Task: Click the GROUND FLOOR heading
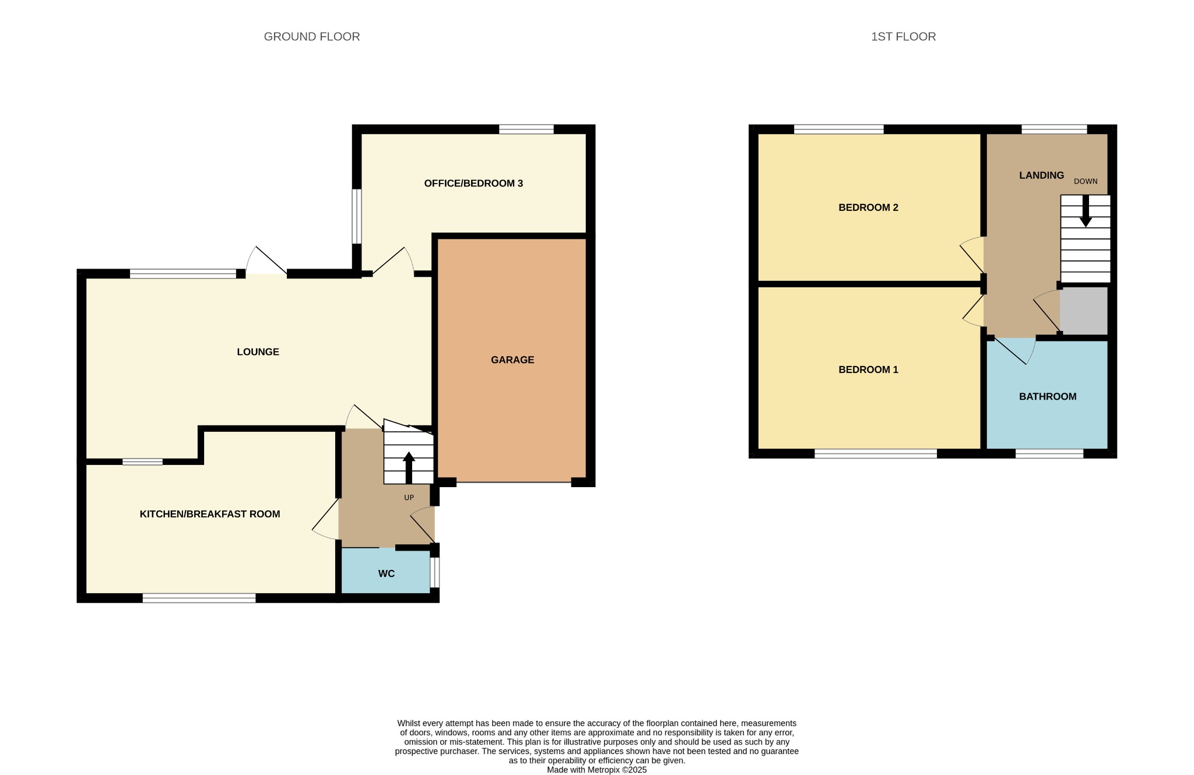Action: [312, 37]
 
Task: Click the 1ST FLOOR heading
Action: [903, 37]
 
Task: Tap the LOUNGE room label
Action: [258, 352]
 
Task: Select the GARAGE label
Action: [512, 360]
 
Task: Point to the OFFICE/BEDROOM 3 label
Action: [473, 184]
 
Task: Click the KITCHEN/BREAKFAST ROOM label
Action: [210, 514]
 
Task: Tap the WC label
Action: [387, 574]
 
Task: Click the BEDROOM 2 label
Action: [868, 207]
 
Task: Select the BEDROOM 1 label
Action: [868, 369]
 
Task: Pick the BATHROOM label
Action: [1048, 397]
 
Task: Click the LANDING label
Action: [1041, 175]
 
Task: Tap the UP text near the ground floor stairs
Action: [409, 498]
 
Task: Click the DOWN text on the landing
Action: [1086, 181]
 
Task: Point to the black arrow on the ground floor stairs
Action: [409, 467]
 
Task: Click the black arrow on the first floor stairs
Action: [1086, 211]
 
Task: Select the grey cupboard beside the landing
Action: [1084, 310]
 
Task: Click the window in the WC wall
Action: [434, 573]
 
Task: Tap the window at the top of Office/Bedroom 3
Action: [526, 129]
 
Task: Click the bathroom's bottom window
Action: [1049, 454]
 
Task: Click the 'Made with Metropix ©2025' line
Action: [597, 770]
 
